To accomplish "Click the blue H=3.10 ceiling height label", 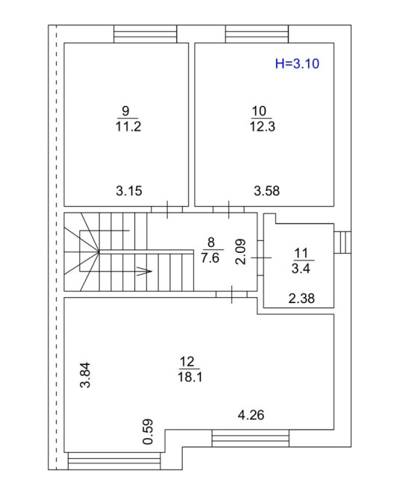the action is pos(297,63).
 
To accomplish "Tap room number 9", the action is pos(125,111).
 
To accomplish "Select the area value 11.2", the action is pos(128,127).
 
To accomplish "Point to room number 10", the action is pos(259,111).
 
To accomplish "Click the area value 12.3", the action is pos(262,127).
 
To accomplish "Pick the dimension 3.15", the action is pos(129,191).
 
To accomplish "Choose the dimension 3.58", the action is pos(266,191).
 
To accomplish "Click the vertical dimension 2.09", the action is pos(241,251).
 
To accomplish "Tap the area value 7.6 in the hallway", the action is pos(210,257).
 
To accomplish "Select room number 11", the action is pos(301,253).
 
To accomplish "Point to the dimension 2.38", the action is pos(302,299).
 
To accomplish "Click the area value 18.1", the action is pos(190,377).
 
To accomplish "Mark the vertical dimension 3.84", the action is pos(85,375).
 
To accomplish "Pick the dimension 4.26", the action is pos(251,415).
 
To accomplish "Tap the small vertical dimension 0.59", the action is pos(148,431).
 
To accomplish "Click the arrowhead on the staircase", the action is pos(144,272).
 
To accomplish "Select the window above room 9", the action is pos(145,34).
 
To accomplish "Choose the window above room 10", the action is pos(257,34).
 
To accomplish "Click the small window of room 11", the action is pos(343,243).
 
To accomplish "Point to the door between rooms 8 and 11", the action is pos(260,257).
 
